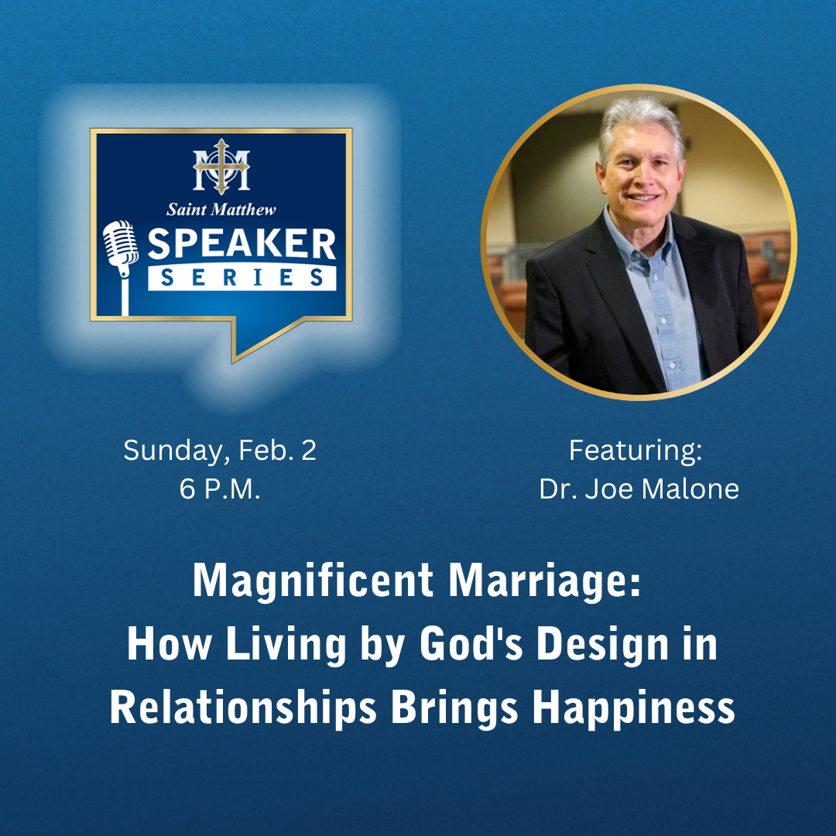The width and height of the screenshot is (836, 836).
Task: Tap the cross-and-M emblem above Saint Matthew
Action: coord(221,166)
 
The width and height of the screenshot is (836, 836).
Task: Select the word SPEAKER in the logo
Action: coord(242,244)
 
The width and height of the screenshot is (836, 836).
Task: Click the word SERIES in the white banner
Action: coord(242,277)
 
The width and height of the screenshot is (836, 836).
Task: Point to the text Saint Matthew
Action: coord(221,210)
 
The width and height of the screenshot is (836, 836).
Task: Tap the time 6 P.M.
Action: coord(220,489)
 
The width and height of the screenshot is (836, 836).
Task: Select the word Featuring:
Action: coord(636,450)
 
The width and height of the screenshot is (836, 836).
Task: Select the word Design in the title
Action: coord(602,645)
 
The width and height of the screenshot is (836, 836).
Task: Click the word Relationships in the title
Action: coord(243,708)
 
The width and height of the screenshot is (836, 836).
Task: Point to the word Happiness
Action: coord(634,709)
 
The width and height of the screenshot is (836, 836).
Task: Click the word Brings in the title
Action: coord(455,709)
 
